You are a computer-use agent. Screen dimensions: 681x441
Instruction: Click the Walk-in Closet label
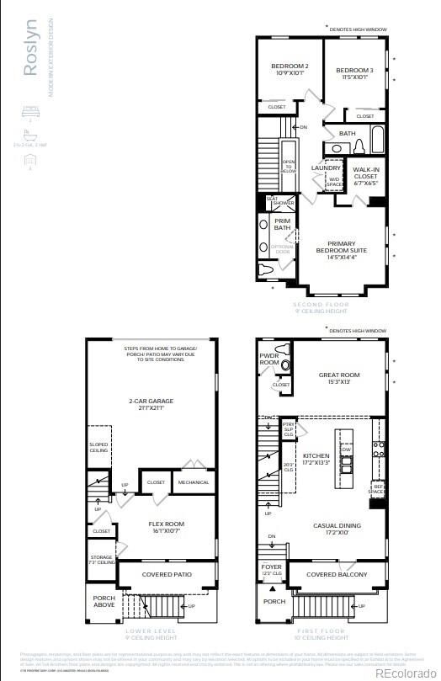pos(366,174)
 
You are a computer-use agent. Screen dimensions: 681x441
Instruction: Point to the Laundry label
pos(325,168)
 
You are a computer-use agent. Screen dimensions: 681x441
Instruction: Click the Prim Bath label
pos(281,225)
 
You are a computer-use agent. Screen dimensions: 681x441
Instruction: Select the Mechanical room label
pos(192,482)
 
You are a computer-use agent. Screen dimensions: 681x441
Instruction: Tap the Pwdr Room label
pos(269,359)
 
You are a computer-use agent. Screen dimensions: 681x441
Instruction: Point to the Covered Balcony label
pos(337,574)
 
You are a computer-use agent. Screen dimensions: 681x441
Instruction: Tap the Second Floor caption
pos(321,306)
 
